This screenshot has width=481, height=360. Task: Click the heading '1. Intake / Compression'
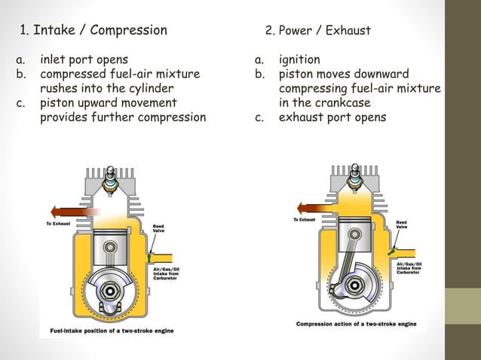click(93, 31)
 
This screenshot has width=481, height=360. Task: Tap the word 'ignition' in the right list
click(299, 59)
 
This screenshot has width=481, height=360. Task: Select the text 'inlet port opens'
click(84, 59)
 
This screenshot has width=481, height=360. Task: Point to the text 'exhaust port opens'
click(332, 117)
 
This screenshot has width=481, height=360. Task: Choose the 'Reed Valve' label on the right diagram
click(402, 225)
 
